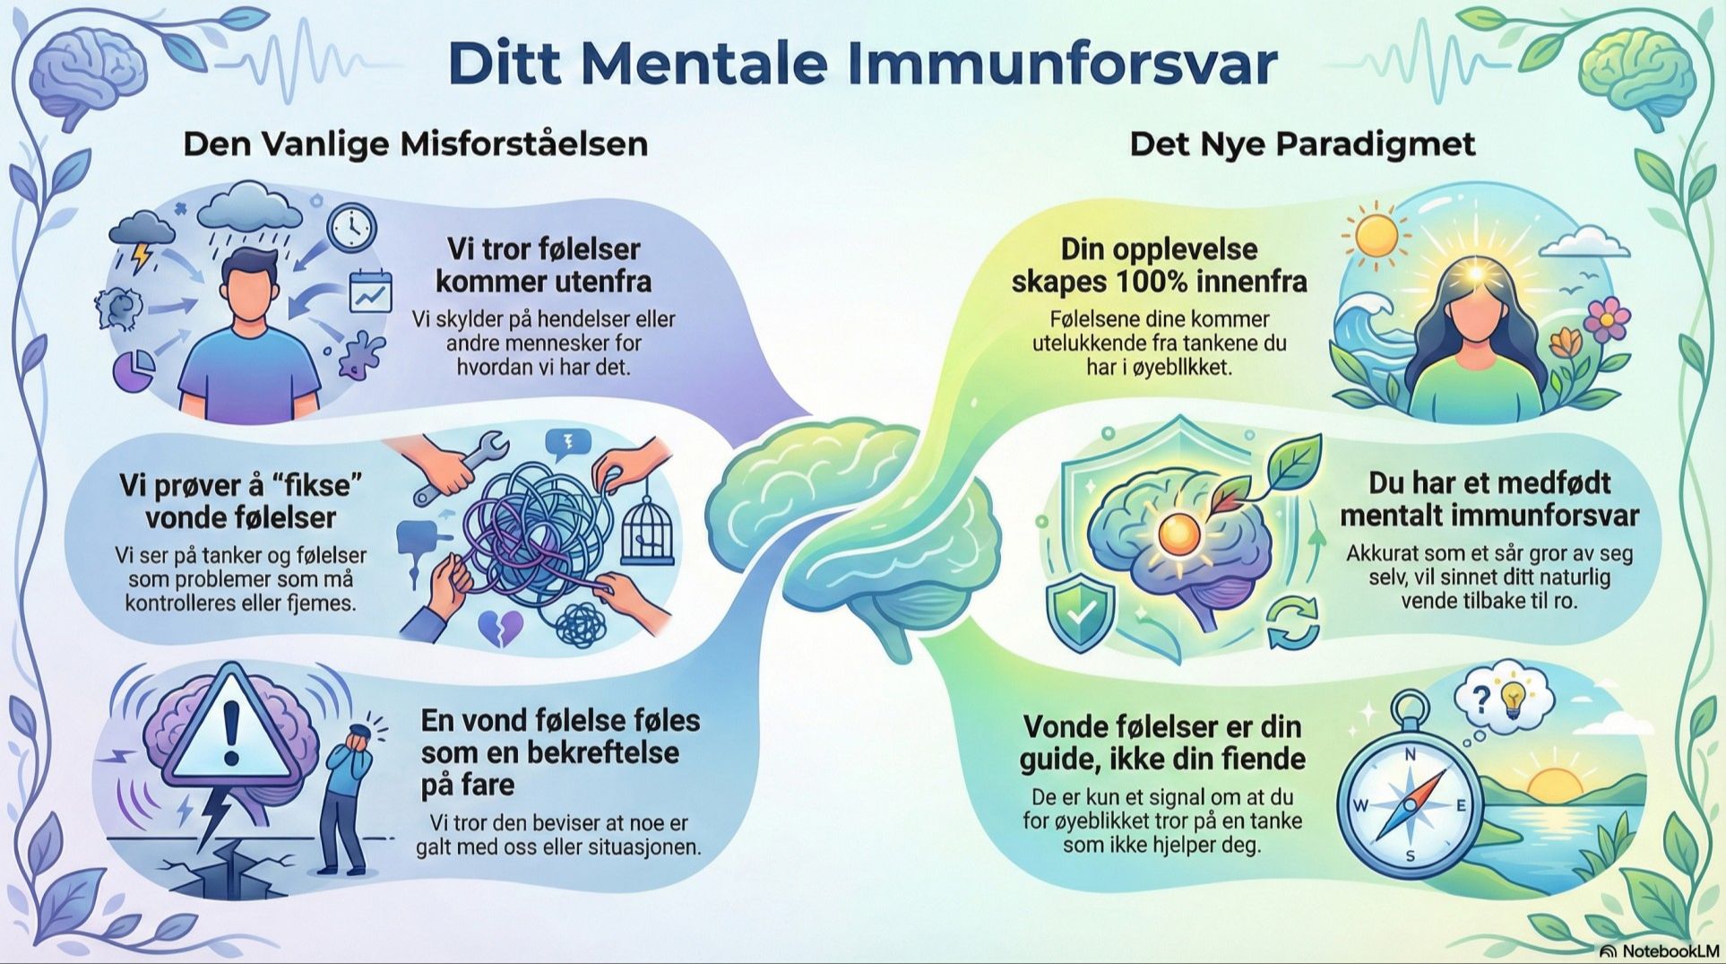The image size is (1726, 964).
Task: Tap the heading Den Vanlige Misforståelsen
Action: [x=415, y=143]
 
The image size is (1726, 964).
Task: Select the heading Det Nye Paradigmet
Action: [x=1301, y=143]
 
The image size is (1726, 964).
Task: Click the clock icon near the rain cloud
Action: [x=350, y=228]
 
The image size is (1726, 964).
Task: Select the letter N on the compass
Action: [x=1409, y=756]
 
